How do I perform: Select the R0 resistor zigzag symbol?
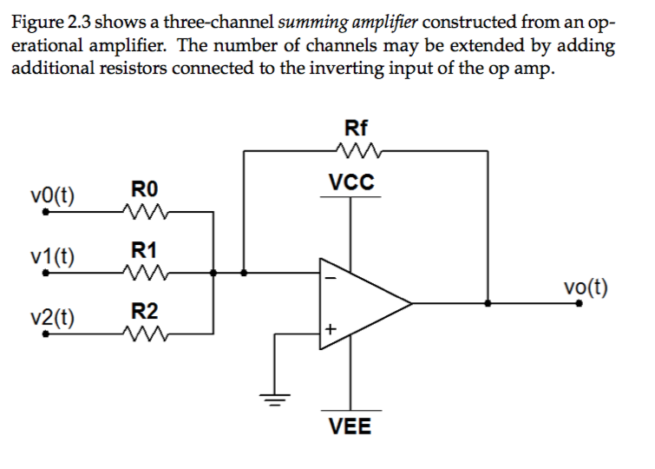(143, 211)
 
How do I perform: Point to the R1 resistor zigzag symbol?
(143, 273)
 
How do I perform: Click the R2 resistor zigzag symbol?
(143, 333)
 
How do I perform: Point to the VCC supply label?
(351, 182)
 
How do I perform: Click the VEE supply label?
(350, 426)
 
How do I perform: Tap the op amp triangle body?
(356, 304)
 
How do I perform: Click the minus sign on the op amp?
(329, 279)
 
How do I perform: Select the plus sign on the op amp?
(329, 330)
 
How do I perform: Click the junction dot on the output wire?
(489, 304)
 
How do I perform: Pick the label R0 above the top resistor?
(144, 188)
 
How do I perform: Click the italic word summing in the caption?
(312, 21)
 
